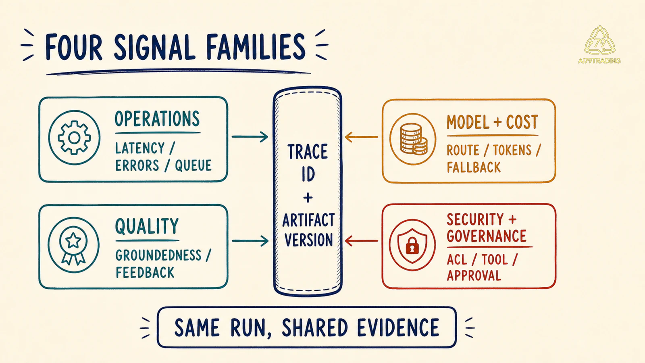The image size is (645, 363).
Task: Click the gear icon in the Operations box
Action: pyautogui.click(x=74, y=138)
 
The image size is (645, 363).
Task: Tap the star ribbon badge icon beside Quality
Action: pyautogui.click(x=73, y=245)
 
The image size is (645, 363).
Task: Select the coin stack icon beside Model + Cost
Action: pyautogui.click(x=414, y=139)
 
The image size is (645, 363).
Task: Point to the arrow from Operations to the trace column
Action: pyautogui.click(x=250, y=137)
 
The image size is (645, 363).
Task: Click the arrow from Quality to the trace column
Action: pyautogui.click(x=250, y=241)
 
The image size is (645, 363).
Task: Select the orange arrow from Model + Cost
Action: pyautogui.click(x=361, y=137)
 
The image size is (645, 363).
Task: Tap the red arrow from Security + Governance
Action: pyautogui.click(x=361, y=241)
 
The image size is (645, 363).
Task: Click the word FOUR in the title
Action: pyautogui.click(x=74, y=47)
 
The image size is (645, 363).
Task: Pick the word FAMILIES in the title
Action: pyautogui.click(x=256, y=46)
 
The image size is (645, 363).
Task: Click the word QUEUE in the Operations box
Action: pyautogui.click(x=193, y=165)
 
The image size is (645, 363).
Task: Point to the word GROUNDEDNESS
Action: pyautogui.click(x=158, y=255)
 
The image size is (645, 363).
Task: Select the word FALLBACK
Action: pyautogui.click(x=474, y=167)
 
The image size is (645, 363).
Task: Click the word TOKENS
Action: pyautogui.click(x=512, y=150)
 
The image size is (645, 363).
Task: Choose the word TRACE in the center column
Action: pyautogui.click(x=308, y=152)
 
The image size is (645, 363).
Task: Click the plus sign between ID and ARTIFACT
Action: pyautogui.click(x=308, y=198)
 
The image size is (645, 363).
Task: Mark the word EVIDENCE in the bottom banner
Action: pyautogui.click(x=398, y=328)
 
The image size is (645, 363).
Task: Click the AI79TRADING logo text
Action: pyautogui.click(x=599, y=61)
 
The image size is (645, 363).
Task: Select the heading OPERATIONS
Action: pyautogui.click(x=157, y=119)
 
